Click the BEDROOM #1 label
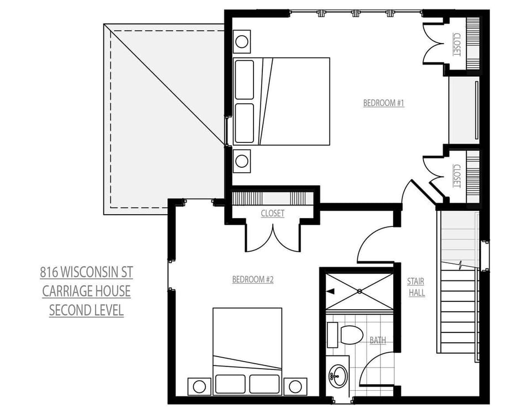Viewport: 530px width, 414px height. click(x=384, y=103)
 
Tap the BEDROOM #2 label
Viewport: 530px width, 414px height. click(x=253, y=279)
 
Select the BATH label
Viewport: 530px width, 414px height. click(x=378, y=340)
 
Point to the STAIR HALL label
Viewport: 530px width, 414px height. click(x=416, y=287)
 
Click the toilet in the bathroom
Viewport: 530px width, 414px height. click(x=351, y=335)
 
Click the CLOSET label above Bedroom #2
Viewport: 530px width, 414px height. click(x=273, y=213)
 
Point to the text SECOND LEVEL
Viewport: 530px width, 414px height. click(x=86, y=310)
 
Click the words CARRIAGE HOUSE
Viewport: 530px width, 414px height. click(x=86, y=291)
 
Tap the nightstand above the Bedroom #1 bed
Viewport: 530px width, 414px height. click(x=242, y=41)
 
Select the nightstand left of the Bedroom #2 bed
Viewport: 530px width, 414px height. click(x=199, y=385)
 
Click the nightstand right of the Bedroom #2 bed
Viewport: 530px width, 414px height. click(x=295, y=385)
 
